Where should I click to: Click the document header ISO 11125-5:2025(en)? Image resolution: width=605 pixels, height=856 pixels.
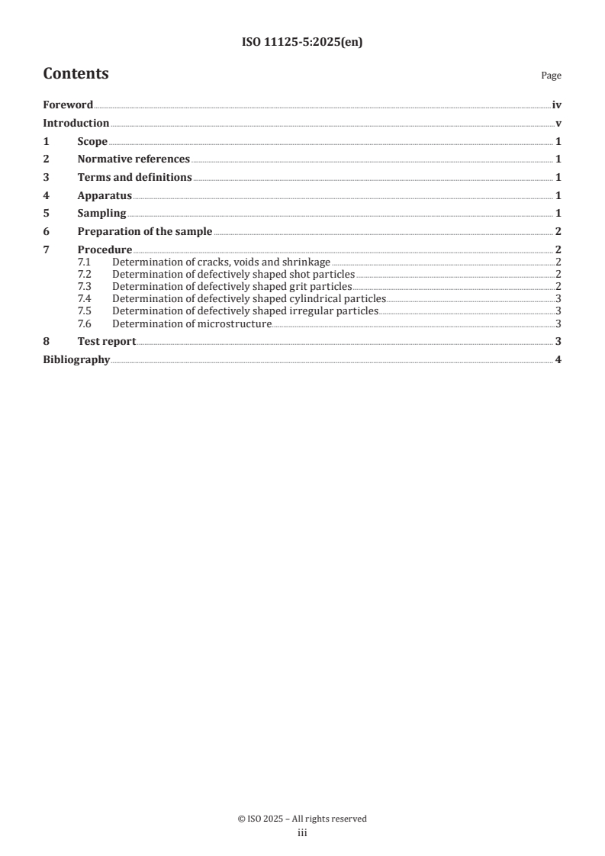click(x=302, y=43)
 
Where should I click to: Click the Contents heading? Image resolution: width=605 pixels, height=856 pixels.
click(x=76, y=74)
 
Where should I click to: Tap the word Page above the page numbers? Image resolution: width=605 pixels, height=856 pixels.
click(x=551, y=76)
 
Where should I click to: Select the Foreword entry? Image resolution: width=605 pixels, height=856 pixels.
click(x=68, y=105)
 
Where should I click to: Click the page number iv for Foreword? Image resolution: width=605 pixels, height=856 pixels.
click(x=557, y=105)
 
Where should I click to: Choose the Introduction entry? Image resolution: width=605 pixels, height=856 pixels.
click(x=76, y=123)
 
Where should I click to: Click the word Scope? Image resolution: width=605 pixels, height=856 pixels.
click(x=92, y=141)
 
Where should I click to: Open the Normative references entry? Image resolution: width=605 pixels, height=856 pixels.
click(x=134, y=159)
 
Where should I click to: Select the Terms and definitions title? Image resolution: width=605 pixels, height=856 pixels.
click(x=134, y=178)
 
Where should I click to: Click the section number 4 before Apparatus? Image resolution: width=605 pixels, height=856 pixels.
click(x=46, y=195)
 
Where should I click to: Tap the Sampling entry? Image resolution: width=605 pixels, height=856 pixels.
click(x=101, y=214)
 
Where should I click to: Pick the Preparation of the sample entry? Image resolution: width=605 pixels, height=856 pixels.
click(x=145, y=232)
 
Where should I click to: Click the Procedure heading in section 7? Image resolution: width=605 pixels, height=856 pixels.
click(x=105, y=250)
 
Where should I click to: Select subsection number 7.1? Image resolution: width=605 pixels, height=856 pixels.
click(x=84, y=262)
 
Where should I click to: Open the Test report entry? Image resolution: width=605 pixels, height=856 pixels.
click(x=107, y=342)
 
